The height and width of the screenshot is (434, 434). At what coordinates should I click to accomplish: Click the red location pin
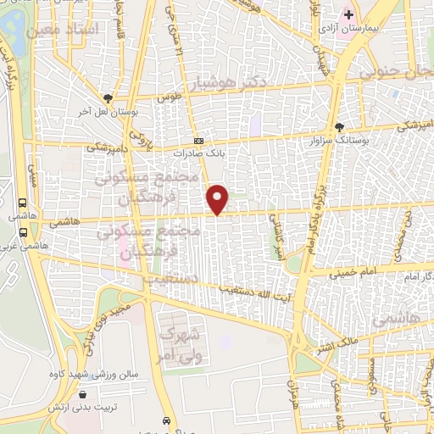218,198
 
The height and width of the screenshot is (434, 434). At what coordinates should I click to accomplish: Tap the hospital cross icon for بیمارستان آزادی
348,14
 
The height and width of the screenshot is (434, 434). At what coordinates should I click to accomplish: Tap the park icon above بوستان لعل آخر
107,98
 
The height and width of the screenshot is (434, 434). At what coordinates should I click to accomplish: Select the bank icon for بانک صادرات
198,142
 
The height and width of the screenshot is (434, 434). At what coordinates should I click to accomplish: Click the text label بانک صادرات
196,154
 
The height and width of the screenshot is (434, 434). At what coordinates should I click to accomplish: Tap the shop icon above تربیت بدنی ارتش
82,394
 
